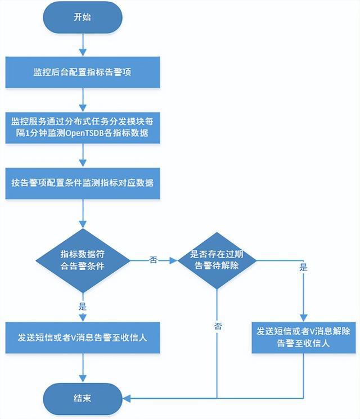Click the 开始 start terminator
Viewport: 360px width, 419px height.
pyautogui.click(x=82, y=17)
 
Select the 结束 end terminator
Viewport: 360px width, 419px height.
pyautogui.click(x=82, y=398)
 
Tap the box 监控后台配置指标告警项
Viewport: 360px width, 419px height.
pyautogui.click(x=82, y=73)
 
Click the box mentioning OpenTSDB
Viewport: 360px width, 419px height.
pyautogui.click(x=82, y=128)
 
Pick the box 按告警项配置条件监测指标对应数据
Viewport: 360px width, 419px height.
pyautogui.click(x=82, y=183)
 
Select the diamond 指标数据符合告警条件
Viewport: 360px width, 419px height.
pyautogui.click(x=82, y=260)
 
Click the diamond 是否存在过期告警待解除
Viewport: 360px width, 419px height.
pyautogui.click(x=217, y=260)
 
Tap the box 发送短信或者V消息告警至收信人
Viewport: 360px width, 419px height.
pyautogui.click(x=82, y=338)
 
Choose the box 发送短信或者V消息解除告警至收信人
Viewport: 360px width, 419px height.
pyautogui.click(x=303, y=337)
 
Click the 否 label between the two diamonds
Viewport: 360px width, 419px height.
pyautogui.click(x=153, y=260)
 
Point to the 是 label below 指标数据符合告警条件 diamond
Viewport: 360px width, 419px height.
pyautogui.click(x=83, y=307)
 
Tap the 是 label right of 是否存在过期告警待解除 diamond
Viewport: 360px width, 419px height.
pyautogui.click(x=303, y=268)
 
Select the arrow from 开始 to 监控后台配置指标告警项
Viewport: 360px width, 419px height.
pyautogui.click(x=83, y=44)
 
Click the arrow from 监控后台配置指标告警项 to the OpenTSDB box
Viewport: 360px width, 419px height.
pyautogui.click(x=83, y=100)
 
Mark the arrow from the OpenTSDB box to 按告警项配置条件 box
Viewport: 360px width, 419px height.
pyautogui.click(x=83, y=155)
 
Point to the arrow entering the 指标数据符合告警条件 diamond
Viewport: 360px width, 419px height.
pyautogui.click(x=83, y=214)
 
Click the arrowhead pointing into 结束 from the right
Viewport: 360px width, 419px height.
pyautogui.click(x=127, y=399)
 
